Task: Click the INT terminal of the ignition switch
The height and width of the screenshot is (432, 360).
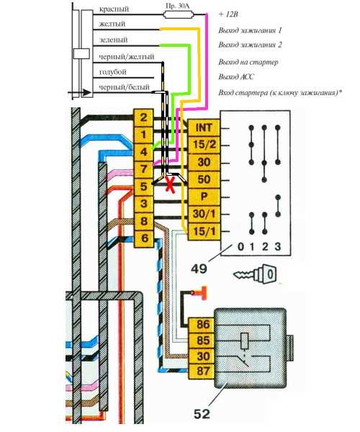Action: pos(204,128)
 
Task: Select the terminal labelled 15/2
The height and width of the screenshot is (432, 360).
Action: pos(204,145)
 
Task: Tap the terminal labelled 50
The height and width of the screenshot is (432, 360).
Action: pos(204,179)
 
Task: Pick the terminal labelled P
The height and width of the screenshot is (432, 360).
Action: pos(204,197)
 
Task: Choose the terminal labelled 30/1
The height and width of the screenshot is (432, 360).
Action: pos(204,214)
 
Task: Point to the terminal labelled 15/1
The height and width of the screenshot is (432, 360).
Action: pos(204,231)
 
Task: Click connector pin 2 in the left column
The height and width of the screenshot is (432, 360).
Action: pos(143,118)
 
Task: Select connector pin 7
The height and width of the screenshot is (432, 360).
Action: pos(143,169)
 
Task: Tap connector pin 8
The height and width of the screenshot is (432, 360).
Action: pos(143,221)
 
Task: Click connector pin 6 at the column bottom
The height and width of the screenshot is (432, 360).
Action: pos(143,238)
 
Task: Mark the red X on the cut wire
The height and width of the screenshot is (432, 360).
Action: pos(170,184)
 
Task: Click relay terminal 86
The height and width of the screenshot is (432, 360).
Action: pos(203,325)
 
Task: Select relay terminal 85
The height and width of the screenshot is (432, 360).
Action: pos(203,341)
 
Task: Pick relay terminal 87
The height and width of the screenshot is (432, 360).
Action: pos(203,372)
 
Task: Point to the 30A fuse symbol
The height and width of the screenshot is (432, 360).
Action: pos(179,14)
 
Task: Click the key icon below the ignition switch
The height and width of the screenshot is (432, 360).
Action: pos(255,274)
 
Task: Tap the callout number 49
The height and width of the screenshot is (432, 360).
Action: pos(199,269)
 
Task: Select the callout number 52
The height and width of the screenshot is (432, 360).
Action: pos(202,414)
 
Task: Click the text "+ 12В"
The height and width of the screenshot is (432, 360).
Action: pos(228,14)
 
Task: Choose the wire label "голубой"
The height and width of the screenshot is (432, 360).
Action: pos(112,72)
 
